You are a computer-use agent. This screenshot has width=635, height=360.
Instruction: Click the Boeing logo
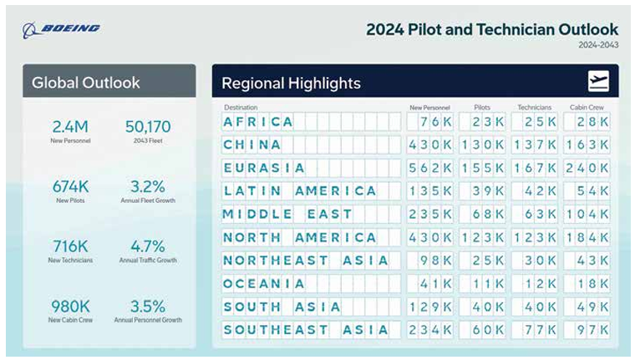pos(62,29)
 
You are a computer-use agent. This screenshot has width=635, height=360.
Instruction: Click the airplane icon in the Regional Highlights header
pos(598,82)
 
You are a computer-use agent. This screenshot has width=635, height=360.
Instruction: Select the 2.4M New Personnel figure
pos(70,127)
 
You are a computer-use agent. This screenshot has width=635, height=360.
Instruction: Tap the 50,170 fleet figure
pos(148,127)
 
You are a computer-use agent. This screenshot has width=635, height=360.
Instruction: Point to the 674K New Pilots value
pos(70,186)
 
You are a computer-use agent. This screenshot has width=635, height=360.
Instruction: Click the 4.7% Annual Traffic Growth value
pos(148,246)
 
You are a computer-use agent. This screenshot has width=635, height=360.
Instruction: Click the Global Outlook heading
pos(86,83)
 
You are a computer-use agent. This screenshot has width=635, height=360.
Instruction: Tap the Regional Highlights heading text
pos(291,84)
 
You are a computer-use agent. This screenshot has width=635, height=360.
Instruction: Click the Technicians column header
pos(535,108)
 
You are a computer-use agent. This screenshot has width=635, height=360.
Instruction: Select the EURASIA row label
pos(263,168)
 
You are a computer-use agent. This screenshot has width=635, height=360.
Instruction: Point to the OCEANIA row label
pos(264,284)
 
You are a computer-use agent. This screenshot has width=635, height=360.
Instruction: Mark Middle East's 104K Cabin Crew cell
pos(587,215)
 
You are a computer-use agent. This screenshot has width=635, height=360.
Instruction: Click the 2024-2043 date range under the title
pos(599,45)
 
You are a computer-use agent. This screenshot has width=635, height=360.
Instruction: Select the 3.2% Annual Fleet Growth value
pos(148,186)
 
